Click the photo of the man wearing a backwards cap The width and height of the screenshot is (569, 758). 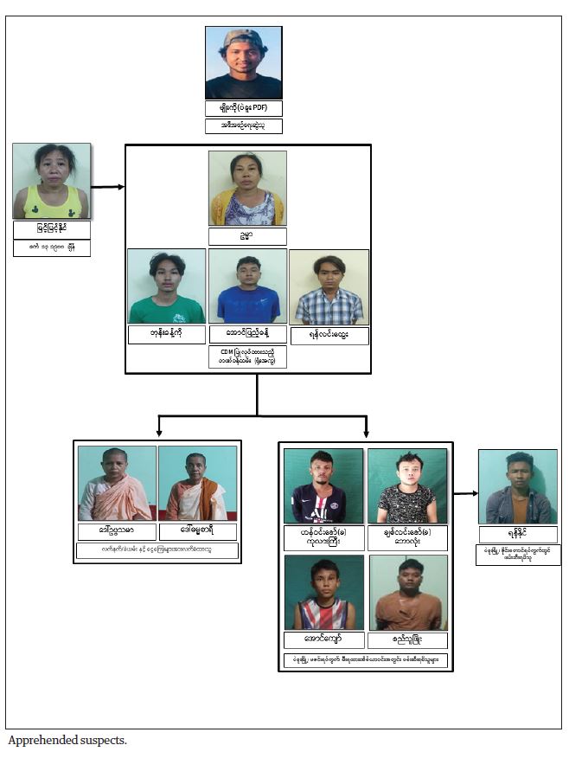tap(243, 62)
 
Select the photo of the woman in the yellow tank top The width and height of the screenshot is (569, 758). tap(51, 181)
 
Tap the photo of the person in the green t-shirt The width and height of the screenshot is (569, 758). tap(166, 286)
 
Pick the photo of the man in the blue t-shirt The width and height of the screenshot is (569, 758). tap(247, 286)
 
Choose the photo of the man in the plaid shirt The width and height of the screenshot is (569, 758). tap(329, 287)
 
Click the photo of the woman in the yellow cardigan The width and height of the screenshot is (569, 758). tap(247, 189)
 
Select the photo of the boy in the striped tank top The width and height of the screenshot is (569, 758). tap(323, 593)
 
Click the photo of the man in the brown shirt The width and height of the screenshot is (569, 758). tap(408, 593)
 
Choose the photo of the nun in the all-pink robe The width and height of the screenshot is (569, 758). tap(117, 483)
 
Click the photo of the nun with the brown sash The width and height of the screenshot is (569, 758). tap(197, 483)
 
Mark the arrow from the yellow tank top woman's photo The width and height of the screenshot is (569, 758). tap(108, 186)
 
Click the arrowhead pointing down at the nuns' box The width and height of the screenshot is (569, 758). tap(158, 430)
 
